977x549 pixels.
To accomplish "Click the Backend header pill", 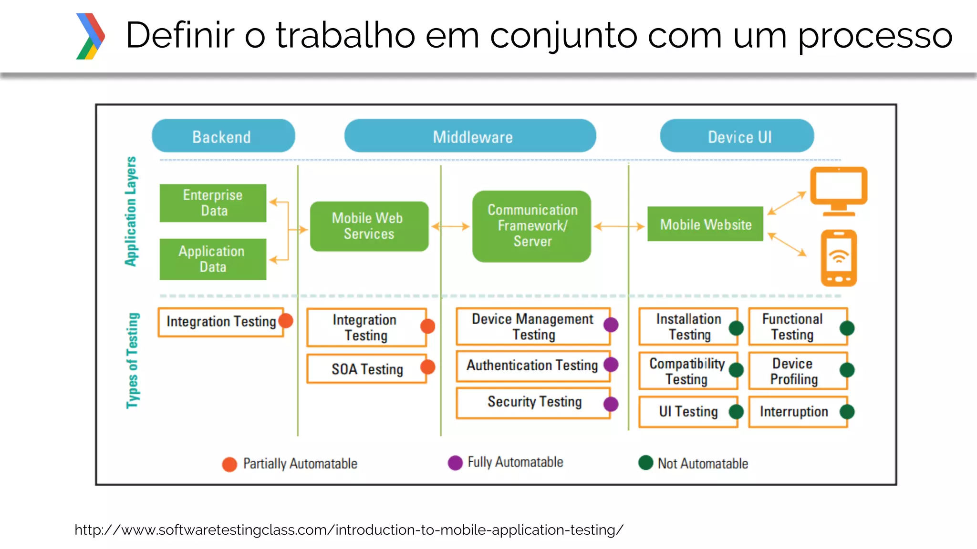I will (x=223, y=136).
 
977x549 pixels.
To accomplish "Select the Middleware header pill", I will (x=470, y=136).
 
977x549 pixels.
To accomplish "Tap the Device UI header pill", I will (x=737, y=136).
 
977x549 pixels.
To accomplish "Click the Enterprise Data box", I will (x=213, y=203).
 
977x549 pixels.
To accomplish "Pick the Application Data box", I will (x=213, y=259).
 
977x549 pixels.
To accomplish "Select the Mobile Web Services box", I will (x=369, y=226).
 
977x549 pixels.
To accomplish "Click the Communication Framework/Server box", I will (x=532, y=226).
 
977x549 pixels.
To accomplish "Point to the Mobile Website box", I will (x=705, y=224).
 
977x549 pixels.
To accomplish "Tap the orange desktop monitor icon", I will (x=839, y=191).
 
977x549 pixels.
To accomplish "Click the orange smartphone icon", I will (x=839, y=258).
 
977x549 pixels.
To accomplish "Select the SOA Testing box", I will (x=366, y=369).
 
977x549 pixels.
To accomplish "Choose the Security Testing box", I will (x=533, y=402).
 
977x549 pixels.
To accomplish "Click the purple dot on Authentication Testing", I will (x=611, y=365).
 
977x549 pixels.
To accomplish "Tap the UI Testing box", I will (x=688, y=412).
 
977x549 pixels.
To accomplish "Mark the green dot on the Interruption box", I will (x=847, y=412).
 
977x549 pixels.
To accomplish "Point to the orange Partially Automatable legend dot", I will (x=229, y=464).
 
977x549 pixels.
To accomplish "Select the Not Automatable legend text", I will (x=703, y=464).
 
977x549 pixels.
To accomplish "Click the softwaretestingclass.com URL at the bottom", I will (x=349, y=530).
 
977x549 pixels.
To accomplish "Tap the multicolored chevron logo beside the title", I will (x=90, y=36).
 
